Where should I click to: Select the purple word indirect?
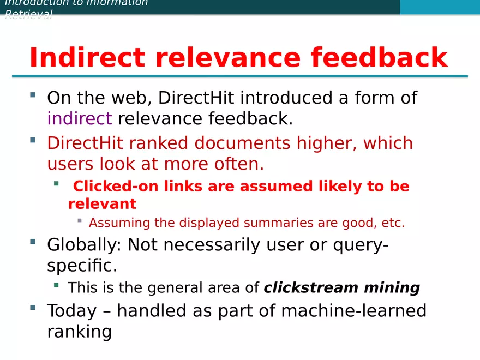click(79, 118)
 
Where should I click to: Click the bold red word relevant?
click(102, 204)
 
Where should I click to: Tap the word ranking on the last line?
click(79, 331)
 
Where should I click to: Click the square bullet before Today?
click(33, 308)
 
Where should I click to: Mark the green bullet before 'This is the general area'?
click(56, 285)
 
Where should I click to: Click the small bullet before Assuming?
click(80, 221)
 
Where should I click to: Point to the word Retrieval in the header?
click(28, 14)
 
